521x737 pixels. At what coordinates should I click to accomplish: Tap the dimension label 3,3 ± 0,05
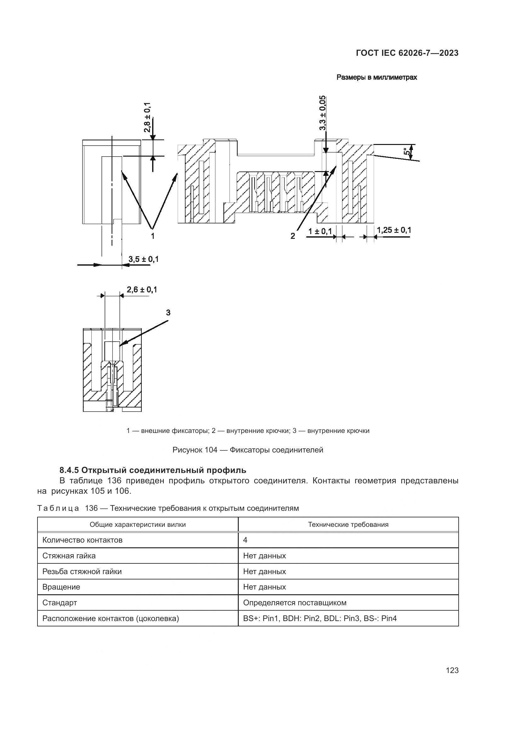[323, 113]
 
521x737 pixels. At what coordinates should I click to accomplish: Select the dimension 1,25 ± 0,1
[394, 230]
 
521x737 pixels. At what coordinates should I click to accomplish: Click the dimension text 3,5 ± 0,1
[143, 259]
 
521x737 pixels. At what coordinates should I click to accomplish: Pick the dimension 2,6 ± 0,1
[142, 290]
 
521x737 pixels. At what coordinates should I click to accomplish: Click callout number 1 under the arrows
[153, 236]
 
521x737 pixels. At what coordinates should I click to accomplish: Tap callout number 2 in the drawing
[293, 236]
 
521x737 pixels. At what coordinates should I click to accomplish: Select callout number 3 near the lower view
[168, 313]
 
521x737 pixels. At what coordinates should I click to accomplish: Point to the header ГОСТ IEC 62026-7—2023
[407, 53]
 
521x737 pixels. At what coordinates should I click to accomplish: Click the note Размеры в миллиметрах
[377, 78]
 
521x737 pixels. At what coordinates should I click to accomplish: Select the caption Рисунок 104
[248, 450]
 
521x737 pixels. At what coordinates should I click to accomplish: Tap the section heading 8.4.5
[153, 470]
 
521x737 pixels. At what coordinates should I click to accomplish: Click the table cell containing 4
[245, 540]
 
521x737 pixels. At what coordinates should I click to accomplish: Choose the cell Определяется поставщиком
[295, 602]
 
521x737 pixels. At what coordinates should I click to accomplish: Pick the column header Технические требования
[348, 525]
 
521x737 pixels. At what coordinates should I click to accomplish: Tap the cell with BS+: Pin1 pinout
[319, 618]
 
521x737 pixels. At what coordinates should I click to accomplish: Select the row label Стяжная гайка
[69, 556]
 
